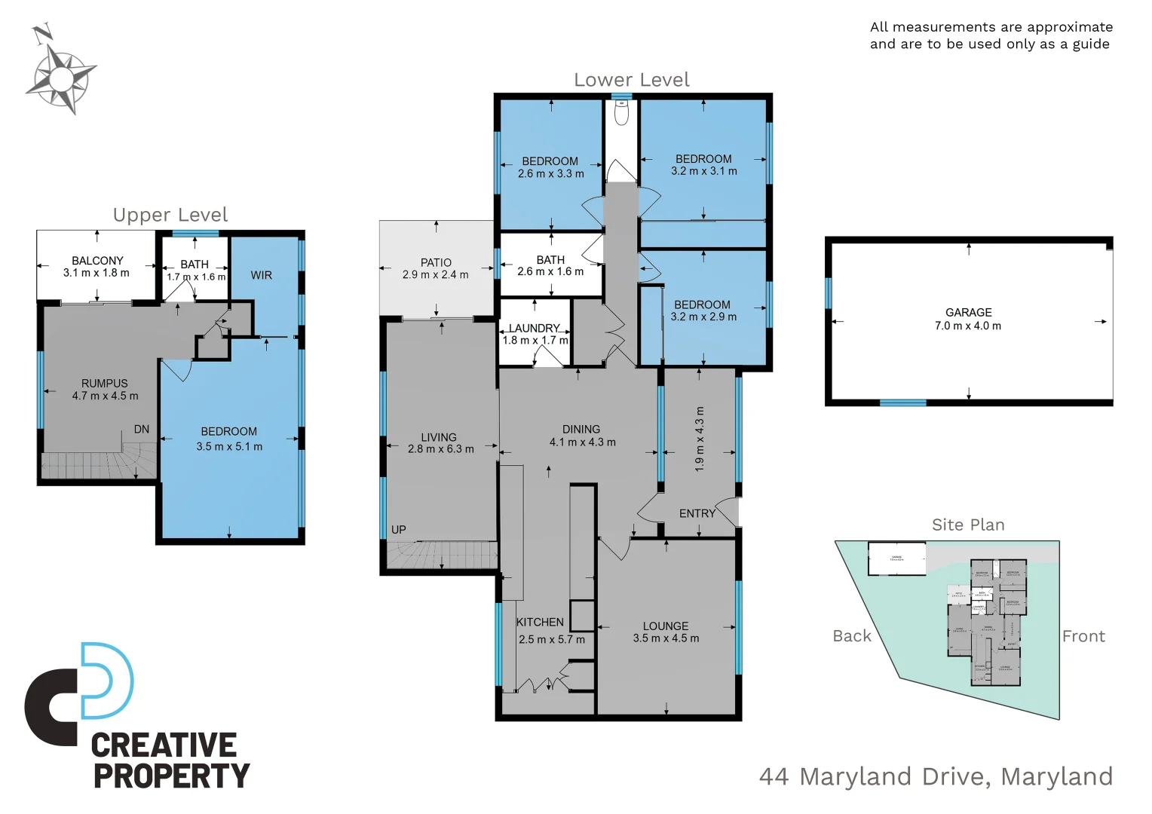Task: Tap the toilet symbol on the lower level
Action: [x=621, y=114]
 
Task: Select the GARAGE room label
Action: [x=968, y=312]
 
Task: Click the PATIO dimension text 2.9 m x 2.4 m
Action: [x=435, y=275]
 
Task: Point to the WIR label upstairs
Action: [x=262, y=276]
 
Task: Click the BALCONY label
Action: [x=97, y=261]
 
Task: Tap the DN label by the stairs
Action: [x=142, y=430]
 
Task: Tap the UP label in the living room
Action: [x=399, y=530]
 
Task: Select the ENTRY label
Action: [x=697, y=513]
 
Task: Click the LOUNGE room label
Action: [x=665, y=626]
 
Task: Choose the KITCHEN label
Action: [x=540, y=623]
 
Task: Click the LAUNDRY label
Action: [x=534, y=329]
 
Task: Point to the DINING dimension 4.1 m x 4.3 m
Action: [x=582, y=442]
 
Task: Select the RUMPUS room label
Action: [x=105, y=384]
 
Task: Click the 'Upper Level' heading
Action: [x=170, y=215]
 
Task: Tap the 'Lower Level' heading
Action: [x=632, y=80]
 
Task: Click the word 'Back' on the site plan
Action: [x=852, y=636]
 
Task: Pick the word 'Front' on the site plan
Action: [x=1083, y=636]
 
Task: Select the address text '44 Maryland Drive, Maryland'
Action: [x=936, y=776]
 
